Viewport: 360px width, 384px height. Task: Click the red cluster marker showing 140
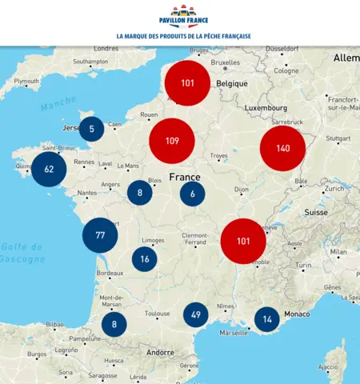pos(282,149)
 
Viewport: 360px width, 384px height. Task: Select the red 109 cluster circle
pos(172,141)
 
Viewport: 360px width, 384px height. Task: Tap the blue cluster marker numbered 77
pos(100,235)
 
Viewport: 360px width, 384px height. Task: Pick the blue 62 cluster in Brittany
pos(49,169)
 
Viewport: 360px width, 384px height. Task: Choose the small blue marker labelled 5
pos(92,129)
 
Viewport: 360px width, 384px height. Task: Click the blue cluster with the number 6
pos(192,194)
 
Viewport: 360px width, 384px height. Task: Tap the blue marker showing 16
pos(144,259)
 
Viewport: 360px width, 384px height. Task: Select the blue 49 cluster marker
pos(195,315)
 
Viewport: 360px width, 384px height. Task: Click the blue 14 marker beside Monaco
pos(267,319)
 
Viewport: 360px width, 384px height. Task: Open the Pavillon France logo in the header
pos(184,16)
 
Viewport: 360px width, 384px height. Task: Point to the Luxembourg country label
pos(266,107)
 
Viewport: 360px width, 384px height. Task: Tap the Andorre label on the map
pos(160,352)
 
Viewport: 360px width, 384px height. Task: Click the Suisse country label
pos(318,214)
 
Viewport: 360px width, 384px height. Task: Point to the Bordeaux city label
pos(110,274)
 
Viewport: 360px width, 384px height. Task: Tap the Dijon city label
pos(241,190)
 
